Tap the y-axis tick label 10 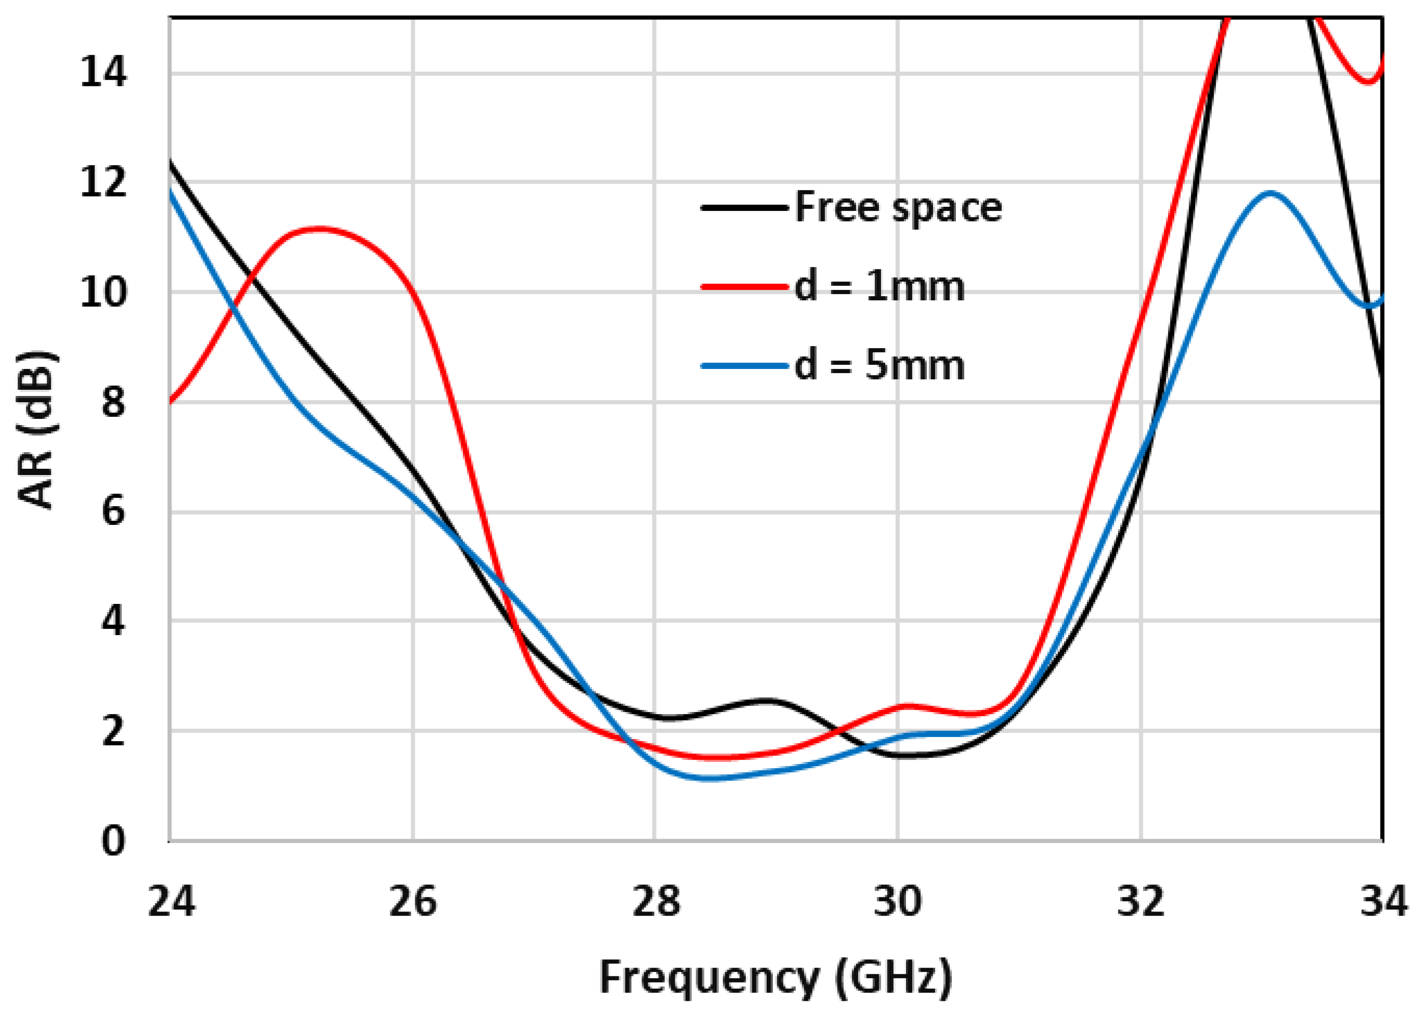102,292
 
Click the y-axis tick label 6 113,511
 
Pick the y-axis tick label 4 113,621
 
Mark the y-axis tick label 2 113,730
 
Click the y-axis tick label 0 113,840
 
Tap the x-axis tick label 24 170,901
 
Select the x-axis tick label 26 413,901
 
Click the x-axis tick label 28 655,901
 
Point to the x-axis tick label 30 898,901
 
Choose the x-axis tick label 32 1140,901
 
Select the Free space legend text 898,207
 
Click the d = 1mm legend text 879,287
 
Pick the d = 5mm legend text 879,365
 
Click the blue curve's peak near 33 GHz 1270,193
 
